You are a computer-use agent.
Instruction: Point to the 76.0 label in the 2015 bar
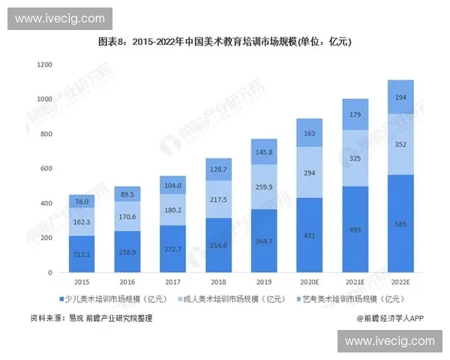tap(82, 201)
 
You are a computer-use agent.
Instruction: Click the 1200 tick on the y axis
tap(43, 65)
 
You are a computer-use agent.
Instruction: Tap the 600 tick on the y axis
tap(46, 169)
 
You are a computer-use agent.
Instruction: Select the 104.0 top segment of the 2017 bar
tap(172, 184)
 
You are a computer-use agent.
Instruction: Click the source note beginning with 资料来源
tap(91, 319)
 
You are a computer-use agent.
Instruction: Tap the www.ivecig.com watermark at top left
tap(60, 18)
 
